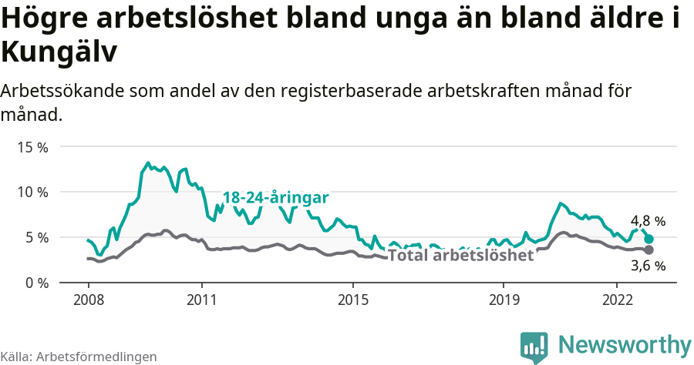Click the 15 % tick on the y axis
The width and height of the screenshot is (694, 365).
click(32, 146)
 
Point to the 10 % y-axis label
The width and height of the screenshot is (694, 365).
click(32, 192)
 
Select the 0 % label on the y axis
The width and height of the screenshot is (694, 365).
click(35, 283)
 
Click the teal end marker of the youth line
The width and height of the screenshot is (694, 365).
click(649, 239)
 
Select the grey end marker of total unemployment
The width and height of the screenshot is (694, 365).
click(649, 250)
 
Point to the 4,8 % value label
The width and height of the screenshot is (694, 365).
click(648, 221)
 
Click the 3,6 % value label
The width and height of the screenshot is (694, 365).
click(648, 266)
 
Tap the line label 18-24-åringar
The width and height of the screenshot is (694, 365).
click(276, 198)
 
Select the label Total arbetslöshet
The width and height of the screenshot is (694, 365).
click(460, 256)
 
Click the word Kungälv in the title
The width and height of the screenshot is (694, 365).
click(59, 52)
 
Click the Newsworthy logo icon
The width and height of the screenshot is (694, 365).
click(534, 347)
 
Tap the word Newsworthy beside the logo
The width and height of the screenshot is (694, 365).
click(625, 344)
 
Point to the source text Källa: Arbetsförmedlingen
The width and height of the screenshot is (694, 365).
click(79, 357)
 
